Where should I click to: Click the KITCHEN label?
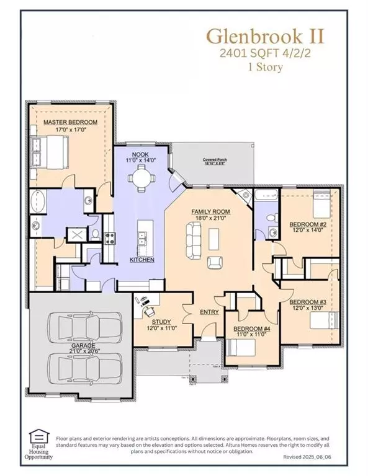141,259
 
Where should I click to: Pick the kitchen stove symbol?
109,237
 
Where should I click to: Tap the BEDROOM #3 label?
310,301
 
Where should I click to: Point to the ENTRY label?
209,312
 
